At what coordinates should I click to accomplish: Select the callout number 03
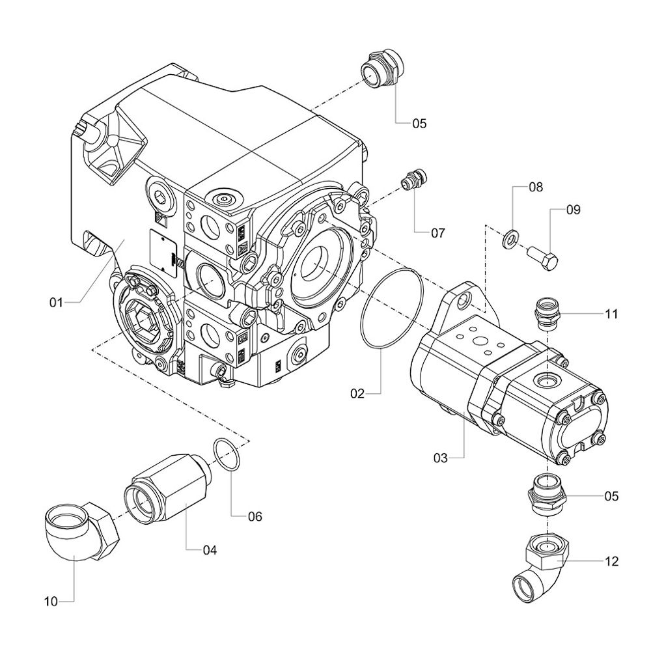tap(441, 458)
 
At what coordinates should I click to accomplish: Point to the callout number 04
tap(209, 550)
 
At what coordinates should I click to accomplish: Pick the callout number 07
tap(437, 232)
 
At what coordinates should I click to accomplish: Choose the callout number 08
tap(535, 187)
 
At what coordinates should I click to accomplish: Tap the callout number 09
tap(573, 210)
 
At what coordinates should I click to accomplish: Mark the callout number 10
tap(51, 600)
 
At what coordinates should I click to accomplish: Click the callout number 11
tap(611, 314)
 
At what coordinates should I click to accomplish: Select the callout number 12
tap(611, 561)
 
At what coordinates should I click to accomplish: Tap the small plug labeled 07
tap(412, 180)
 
